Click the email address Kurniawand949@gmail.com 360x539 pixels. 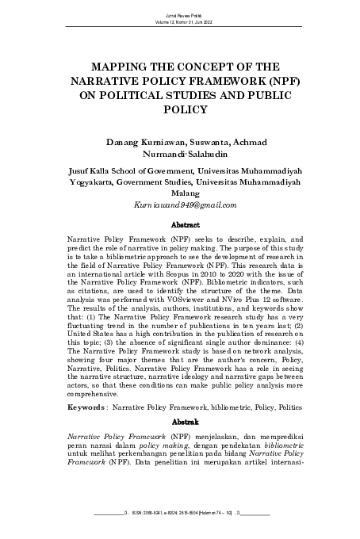(180, 205)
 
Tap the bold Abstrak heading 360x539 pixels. (180, 423)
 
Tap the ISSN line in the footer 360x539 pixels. (180, 523)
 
